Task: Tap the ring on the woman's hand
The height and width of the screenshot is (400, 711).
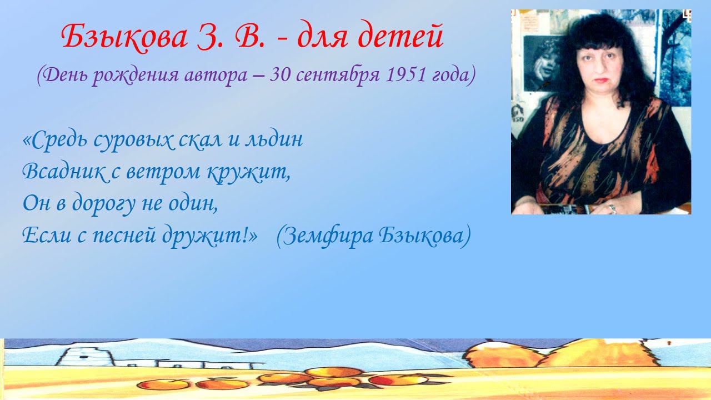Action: click(612, 208)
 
